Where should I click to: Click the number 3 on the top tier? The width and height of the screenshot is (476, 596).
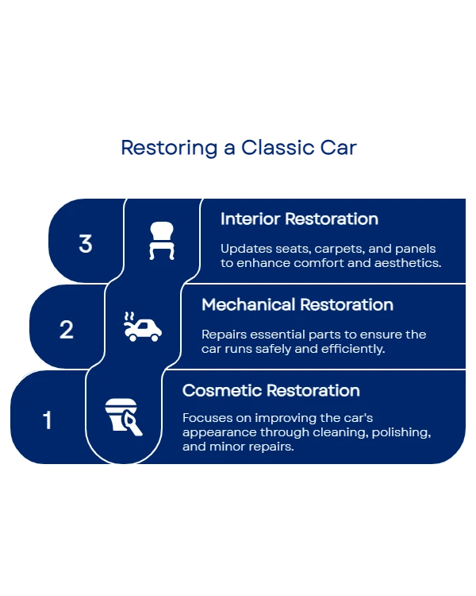(x=86, y=243)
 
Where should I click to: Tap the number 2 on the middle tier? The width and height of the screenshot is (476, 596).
(x=67, y=329)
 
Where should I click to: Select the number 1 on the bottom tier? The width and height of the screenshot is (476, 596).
(x=47, y=420)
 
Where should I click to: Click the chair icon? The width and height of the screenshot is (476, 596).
(x=161, y=241)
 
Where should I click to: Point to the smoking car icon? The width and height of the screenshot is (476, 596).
(x=142, y=327)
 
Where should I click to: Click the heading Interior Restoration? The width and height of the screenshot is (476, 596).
(x=299, y=219)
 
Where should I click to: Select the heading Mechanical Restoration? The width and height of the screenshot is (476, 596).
(x=297, y=304)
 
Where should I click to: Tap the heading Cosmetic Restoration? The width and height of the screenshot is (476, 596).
(x=271, y=390)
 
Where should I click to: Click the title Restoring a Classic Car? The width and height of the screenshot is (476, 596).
(x=238, y=149)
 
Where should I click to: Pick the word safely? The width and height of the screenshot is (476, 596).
(x=282, y=349)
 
